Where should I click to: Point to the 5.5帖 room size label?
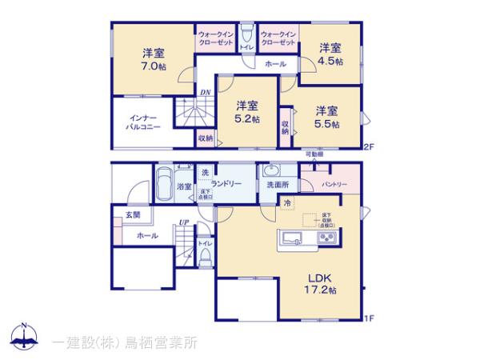click(x=326, y=124)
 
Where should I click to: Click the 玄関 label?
click(x=132, y=214)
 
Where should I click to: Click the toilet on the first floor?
click(x=205, y=257)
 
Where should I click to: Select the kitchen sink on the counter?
click(x=289, y=238)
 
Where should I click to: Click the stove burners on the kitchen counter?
click(x=327, y=238)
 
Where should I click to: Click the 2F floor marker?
click(x=368, y=146)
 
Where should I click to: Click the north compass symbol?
click(x=26, y=338)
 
